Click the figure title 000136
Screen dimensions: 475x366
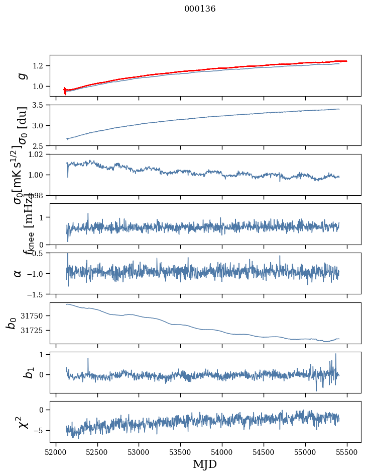[200, 9]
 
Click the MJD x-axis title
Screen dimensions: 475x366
[205, 464]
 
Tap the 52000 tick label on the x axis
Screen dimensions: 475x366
[56, 452]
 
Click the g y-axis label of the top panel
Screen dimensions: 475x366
[23, 75]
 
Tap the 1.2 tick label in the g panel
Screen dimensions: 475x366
[40, 66]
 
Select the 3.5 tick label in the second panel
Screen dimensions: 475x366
[40, 105]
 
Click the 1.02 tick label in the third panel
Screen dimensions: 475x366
[38, 154]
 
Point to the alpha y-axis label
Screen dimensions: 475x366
[18, 273]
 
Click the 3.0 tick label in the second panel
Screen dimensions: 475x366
[40, 126]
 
